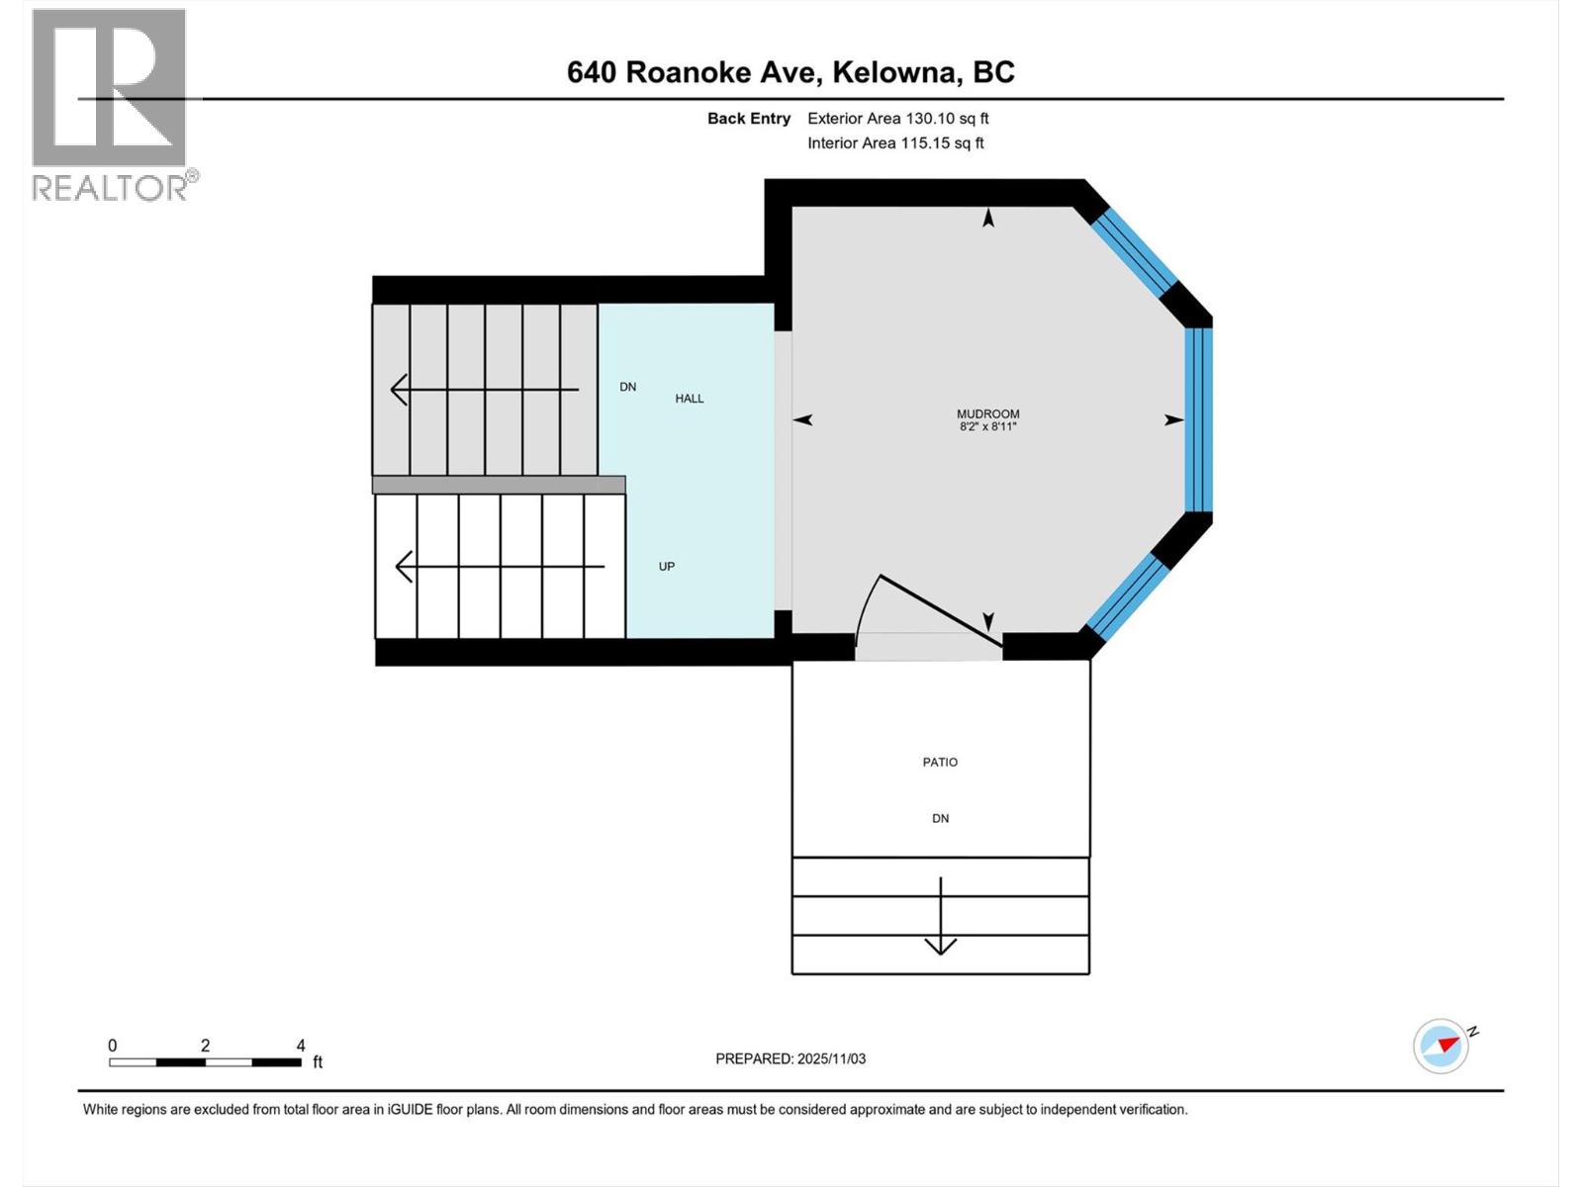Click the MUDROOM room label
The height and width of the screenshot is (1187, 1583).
(987, 414)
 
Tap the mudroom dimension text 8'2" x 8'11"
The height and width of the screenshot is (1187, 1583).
(987, 427)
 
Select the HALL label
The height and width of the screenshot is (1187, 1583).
(690, 399)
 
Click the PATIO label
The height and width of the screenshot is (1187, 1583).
(940, 762)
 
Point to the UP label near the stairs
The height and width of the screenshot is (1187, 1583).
(667, 567)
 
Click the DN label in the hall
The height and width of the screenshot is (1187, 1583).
(627, 387)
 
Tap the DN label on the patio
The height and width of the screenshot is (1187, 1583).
(940, 818)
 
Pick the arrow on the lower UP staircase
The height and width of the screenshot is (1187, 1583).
(499, 567)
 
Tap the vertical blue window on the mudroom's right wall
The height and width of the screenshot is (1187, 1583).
(1198, 419)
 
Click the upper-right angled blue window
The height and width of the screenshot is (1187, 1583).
(1134, 250)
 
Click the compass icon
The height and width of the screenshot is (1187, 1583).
(1441, 1046)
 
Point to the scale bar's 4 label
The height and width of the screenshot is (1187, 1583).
(301, 1046)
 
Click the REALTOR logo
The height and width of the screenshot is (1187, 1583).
(111, 104)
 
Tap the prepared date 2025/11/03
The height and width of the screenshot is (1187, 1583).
(831, 1058)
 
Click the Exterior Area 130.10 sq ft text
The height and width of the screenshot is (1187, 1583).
(897, 119)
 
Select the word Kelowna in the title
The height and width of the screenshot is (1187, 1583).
(895, 72)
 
